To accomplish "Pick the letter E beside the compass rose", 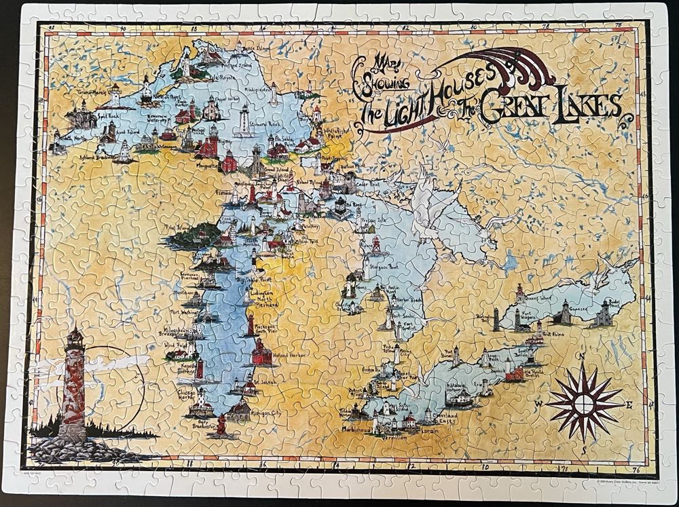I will click(x=629, y=405).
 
